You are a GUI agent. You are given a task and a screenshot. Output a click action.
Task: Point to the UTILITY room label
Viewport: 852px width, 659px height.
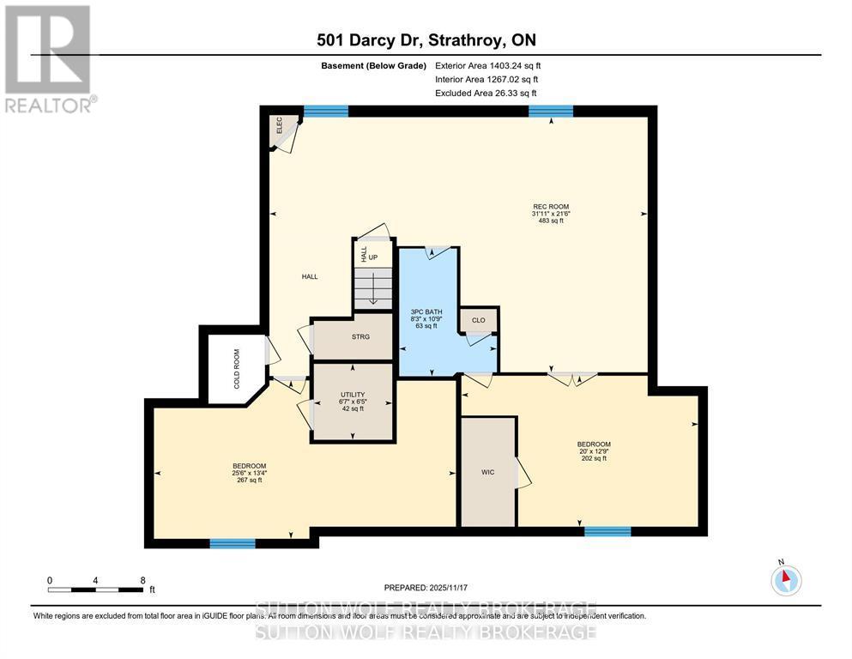pos(353,401)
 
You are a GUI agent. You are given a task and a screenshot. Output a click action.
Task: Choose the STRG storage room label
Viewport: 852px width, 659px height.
pos(360,336)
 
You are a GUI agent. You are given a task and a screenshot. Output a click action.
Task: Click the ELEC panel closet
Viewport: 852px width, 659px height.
pos(281,127)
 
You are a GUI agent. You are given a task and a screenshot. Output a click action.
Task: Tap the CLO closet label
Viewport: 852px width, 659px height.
pos(478,320)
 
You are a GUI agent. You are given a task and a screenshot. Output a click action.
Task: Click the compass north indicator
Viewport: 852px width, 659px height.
pos(786,580)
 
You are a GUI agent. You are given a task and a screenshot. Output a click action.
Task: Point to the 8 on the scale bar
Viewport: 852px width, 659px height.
pos(142,580)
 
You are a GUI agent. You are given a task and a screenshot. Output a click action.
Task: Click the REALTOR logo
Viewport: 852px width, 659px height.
pos(49,59)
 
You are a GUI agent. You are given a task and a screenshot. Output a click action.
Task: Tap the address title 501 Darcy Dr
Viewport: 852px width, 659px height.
pos(426,40)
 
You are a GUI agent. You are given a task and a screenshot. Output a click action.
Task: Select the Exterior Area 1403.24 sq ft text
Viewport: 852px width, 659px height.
pos(488,65)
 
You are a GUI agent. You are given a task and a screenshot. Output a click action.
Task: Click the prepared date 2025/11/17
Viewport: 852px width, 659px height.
pos(426,587)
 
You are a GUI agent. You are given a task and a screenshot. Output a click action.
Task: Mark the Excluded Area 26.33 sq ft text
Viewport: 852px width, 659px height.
pos(487,93)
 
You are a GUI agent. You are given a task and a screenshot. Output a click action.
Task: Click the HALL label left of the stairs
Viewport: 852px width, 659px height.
pos(310,276)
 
